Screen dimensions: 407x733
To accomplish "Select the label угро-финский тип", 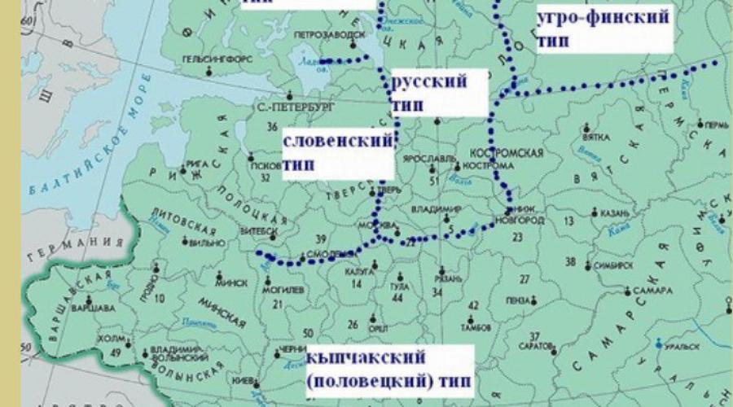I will (604, 28).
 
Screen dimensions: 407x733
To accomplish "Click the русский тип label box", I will (430, 94).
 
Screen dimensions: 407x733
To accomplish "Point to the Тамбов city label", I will (478, 328).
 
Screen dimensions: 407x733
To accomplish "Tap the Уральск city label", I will (685, 346).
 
